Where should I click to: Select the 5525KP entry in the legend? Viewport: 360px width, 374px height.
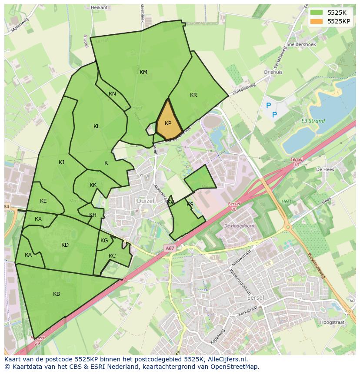pyautogui.click(x=330, y=21)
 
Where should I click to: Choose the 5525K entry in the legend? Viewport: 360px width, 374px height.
pyautogui.click(x=330, y=13)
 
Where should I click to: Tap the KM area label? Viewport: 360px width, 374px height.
pyautogui.click(x=143, y=72)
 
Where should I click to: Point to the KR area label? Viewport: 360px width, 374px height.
pyautogui.click(x=193, y=95)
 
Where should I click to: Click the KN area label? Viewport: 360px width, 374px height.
pyautogui.click(x=112, y=94)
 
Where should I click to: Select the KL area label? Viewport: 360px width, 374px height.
pyautogui.click(x=97, y=126)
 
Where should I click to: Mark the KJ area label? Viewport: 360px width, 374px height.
pyautogui.click(x=61, y=162)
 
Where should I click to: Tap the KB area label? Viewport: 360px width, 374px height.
pyautogui.click(x=57, y=294)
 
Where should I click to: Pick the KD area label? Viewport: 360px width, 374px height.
pyautogui.click(x=65, y=245)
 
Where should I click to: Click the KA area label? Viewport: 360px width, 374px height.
pyautogui.click(x=28, y=255)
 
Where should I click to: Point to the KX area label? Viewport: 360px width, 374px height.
pyautogui.click(x=38, y=219)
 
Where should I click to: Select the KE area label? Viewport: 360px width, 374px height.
pyautogui.click(x=43, y=201)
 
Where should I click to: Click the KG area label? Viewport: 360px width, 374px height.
pyautogui.click(x=104, y=241)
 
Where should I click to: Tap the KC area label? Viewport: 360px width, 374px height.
pyautogui.click(x=112, y=256)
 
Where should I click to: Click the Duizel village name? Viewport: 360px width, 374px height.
pyautogui.click(x=145, y=201)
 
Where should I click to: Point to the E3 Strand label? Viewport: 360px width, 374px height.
pyautogui.click(x=313, y=121)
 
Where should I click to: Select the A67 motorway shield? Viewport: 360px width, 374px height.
pyautogui.click(x=170, y=248)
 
